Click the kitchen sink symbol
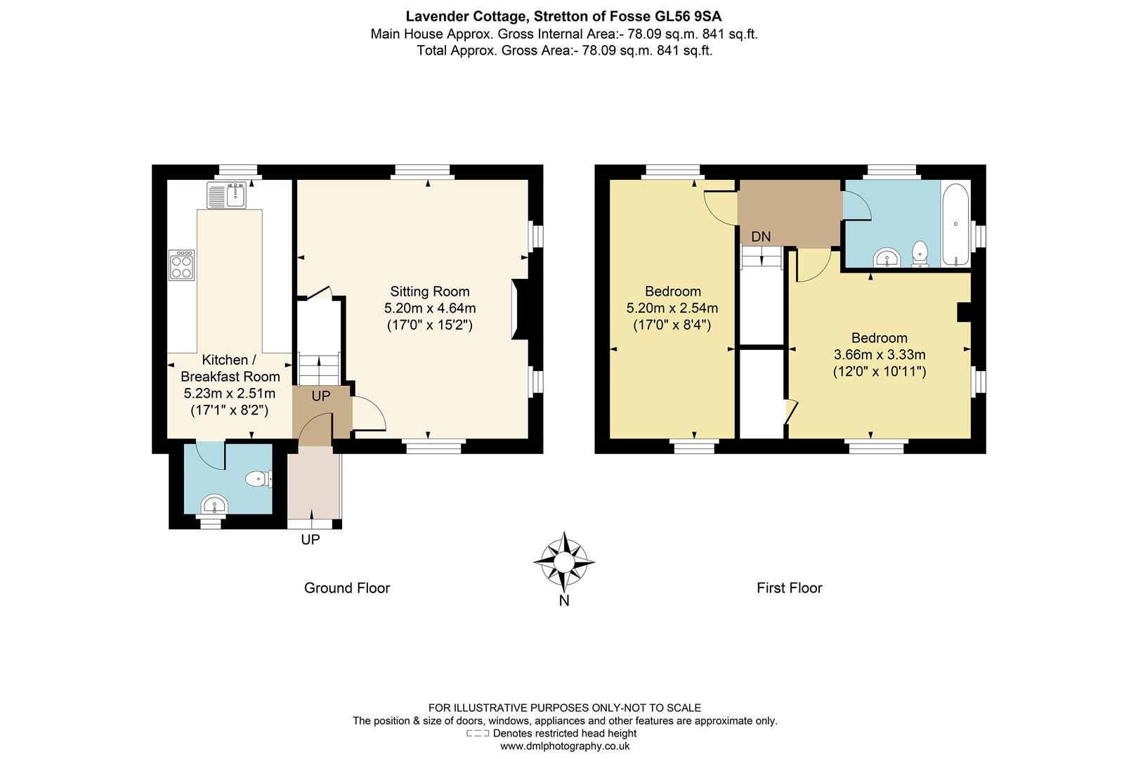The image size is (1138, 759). pyautogui.click(x=225, y=195)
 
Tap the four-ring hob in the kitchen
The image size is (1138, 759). pyautogui.click(x=181, y=265)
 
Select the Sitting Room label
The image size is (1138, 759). pyautogui.click(x=430, y=291)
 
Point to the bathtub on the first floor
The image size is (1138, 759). pyautogui.click(x=955, y=223)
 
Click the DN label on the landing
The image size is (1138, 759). pyautogui.click(x=761, y=237)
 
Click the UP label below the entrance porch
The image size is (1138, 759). pyautogui.click(x=310, y=540)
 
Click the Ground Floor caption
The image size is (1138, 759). pyautogui.click(x=346, y=588)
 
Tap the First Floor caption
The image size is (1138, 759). pyautogui.click(x=789, y=588)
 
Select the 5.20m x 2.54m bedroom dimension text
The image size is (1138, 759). pyautogui.click(x=672, y=308)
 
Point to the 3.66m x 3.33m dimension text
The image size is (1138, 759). pyautogui.click(x=879, y=354)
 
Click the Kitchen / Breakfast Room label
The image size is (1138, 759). pyautogui.click(x=230, y=368)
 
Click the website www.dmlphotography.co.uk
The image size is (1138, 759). pyautogui.click(x=565, y=746)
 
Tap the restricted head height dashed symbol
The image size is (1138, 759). pyautogui.click(x=478, y=734)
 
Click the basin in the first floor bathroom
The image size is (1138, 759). pyautogui.click(x=888, y=259)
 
